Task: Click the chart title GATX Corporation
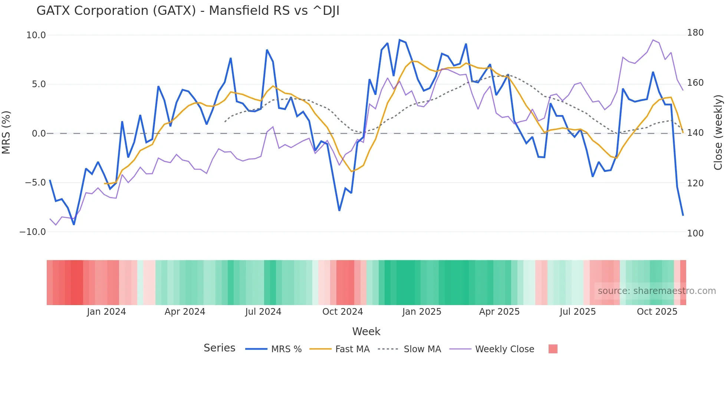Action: [x=188, y=11]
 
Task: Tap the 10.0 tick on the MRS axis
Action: [x=36, y=35]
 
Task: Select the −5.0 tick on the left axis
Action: [x=35, y=183]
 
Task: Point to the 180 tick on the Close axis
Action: [x=695, y=33]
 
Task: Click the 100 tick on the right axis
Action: [x=695, y=233]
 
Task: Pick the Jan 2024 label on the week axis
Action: [x=106, y=312]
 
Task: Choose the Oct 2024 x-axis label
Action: [x=342, y=312]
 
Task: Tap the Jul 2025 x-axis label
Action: [x=578, y=312]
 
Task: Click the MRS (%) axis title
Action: [x=6, y=132]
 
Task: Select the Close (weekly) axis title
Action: [x=718, y=132]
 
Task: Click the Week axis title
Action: [x=366, y=331]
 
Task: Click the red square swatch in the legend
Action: [x=553, y=349]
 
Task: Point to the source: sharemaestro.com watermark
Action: [x=657, y=291]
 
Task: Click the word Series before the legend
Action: [x=219, y=348]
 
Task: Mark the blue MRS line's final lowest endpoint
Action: [x=683, y=215]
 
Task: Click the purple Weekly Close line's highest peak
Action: [x=653, y=40]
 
